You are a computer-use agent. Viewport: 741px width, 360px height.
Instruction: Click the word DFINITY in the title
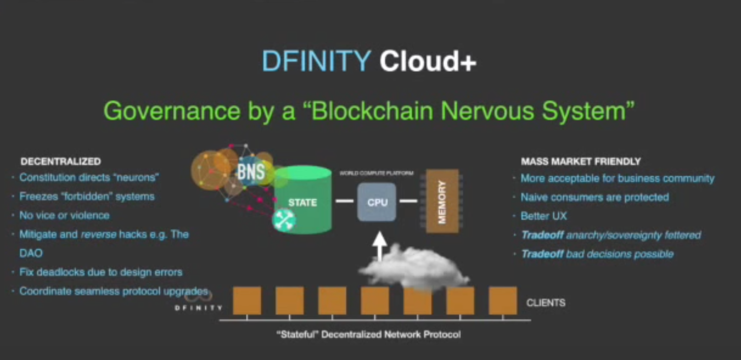[316, 62]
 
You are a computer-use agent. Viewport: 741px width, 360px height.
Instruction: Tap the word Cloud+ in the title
[428, 62]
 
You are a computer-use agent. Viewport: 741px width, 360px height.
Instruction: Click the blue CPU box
[377, 202]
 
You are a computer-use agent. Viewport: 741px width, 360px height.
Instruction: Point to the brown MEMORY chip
[442, 201]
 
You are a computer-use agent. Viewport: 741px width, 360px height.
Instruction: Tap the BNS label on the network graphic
[250, 172]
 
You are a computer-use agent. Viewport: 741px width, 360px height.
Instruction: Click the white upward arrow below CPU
[380, 246]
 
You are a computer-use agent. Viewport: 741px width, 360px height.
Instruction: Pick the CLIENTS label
[546, 303]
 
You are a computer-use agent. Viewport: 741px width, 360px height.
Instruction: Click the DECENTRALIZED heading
[61, 162]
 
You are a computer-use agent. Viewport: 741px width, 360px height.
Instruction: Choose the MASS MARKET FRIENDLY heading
[580, 162]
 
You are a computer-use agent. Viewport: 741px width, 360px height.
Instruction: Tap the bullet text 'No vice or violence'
[64, 215]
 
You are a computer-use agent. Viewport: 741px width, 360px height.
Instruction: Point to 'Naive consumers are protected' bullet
[594, 197]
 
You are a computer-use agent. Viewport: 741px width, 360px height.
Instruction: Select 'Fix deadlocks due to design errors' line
[101, 272]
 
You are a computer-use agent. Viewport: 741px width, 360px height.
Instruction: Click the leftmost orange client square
[247, 301]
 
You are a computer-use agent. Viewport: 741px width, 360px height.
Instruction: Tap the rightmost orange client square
[502, 301]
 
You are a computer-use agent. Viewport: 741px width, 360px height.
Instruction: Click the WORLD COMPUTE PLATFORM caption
[376, 174]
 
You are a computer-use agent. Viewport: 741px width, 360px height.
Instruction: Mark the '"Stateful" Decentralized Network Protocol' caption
[369, 335]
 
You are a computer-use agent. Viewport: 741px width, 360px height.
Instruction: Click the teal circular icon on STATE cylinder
[284, 220]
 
